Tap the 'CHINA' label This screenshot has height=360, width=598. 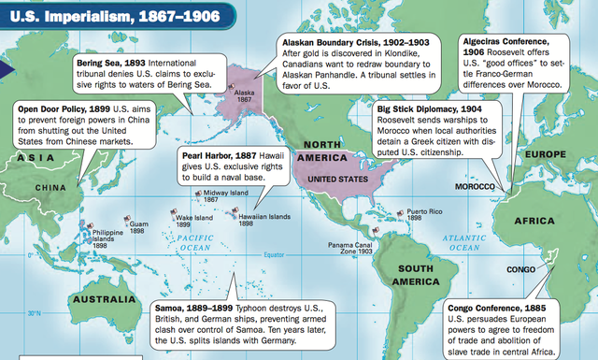point(50,187)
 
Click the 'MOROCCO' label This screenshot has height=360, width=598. point(474,187)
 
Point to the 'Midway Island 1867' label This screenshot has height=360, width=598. point(224,196)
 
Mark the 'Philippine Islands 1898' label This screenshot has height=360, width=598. point(108,238)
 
